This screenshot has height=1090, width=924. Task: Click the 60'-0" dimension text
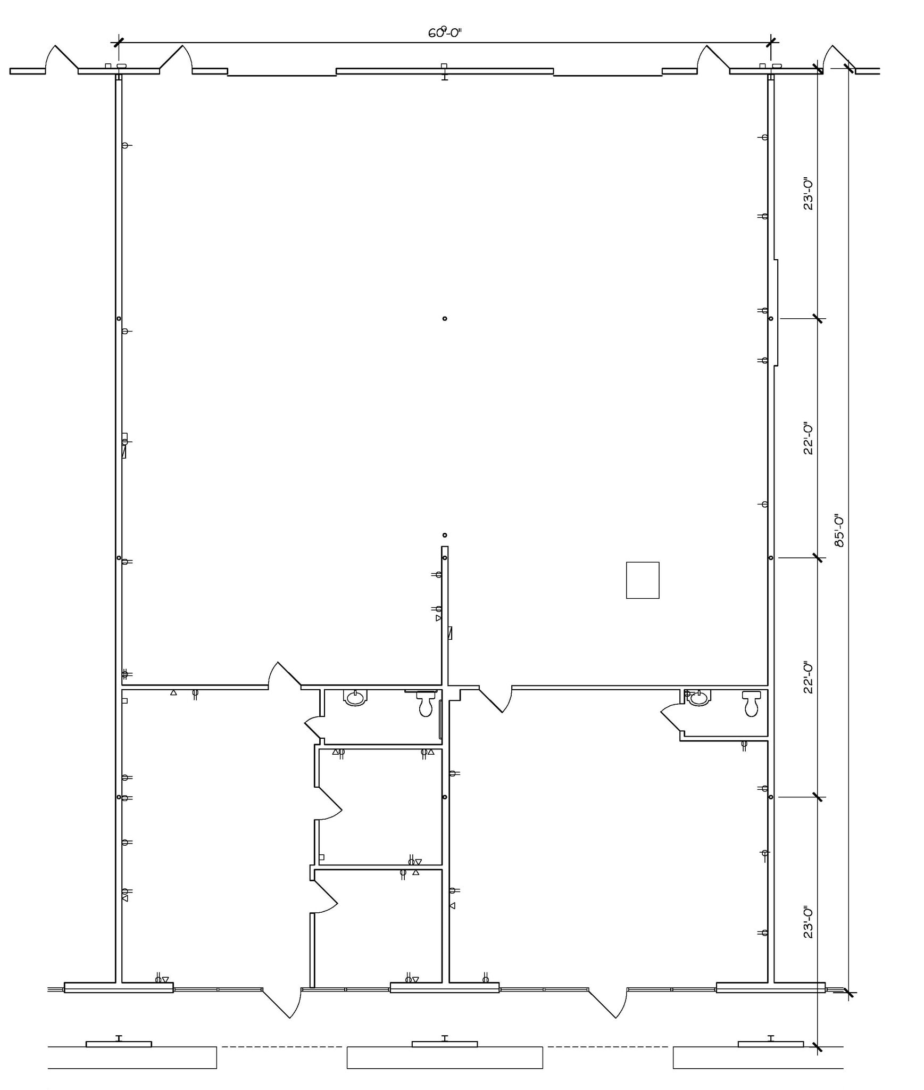tap(445, 33)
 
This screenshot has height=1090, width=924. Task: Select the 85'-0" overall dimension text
tap(839, 530)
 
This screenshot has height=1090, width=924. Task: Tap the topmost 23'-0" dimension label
tap(808, 194)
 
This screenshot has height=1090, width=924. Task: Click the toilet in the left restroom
tap(426, 703)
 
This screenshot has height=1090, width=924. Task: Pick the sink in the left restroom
tap(355, 697)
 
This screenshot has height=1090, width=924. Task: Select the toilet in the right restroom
tap(751, 703)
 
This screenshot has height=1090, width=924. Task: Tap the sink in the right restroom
tap(698, 697)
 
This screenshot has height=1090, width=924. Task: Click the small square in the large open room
tap(642, 580)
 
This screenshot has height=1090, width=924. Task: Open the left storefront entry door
tap(282, 1002)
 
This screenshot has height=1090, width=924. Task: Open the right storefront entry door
tap(608, 1002)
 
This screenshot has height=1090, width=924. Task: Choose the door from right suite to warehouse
tap(496, 700)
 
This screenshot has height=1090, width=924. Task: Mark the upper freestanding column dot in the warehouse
tap(445, 319)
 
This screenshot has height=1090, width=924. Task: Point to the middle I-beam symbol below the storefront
tap(445, 1038)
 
